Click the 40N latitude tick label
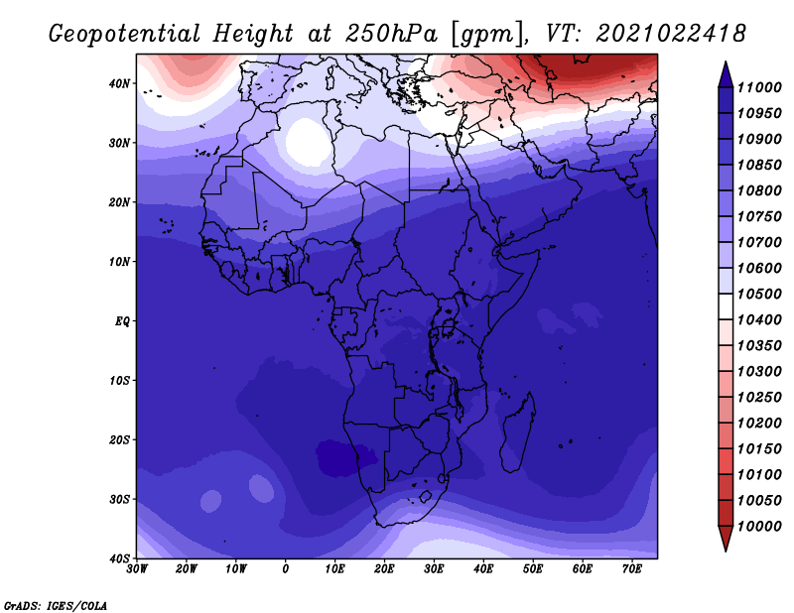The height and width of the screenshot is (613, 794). tap(119, 83)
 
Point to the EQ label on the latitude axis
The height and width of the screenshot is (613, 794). tap(122, 321)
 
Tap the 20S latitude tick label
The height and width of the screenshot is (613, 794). tap(119, 439)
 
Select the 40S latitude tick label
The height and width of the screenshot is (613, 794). tap(119, 558)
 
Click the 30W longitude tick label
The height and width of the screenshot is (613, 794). tap(137, 569)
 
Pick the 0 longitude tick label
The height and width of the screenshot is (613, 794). tap(286, 569)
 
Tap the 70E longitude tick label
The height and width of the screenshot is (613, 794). tap(632, 569)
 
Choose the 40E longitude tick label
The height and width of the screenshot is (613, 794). tap(483, 569)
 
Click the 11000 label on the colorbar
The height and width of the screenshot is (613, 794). tap(759, 87)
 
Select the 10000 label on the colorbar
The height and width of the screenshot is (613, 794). tap(759, 527)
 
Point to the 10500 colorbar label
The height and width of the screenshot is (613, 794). tap(759, 294)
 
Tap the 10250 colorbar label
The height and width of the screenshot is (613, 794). tap(759, 398)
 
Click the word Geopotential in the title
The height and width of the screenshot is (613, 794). tap(124, 35)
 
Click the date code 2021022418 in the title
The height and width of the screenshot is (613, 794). tap(671, 34)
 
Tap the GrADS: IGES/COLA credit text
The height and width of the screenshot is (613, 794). tap(56, 605)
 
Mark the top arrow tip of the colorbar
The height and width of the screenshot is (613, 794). tap(726, 61)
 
